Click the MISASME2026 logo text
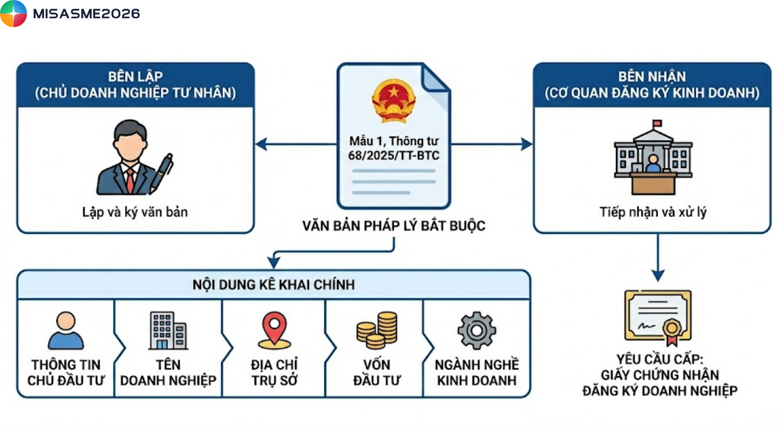click(x=86, y=13)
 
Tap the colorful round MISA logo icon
click(x=13, y=13)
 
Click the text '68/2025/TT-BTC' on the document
click(x=394, y=155)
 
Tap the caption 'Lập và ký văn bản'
click(x=135, y=212)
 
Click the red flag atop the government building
click(x=657, y=124)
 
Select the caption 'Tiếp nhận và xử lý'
click(x=653, y=212)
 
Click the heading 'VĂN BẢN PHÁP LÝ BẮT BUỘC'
click(x=394, y=226)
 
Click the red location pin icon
click(x=274, y=330)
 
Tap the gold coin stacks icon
click(x=377, y=330)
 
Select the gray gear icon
click(x=477, y=330)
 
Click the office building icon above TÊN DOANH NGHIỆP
click(x=168, y=330)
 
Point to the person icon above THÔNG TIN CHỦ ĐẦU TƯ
click(x=66, y=330)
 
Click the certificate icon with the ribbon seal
click(x=658, y=317)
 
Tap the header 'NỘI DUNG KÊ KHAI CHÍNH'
click(x=274, y=285)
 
